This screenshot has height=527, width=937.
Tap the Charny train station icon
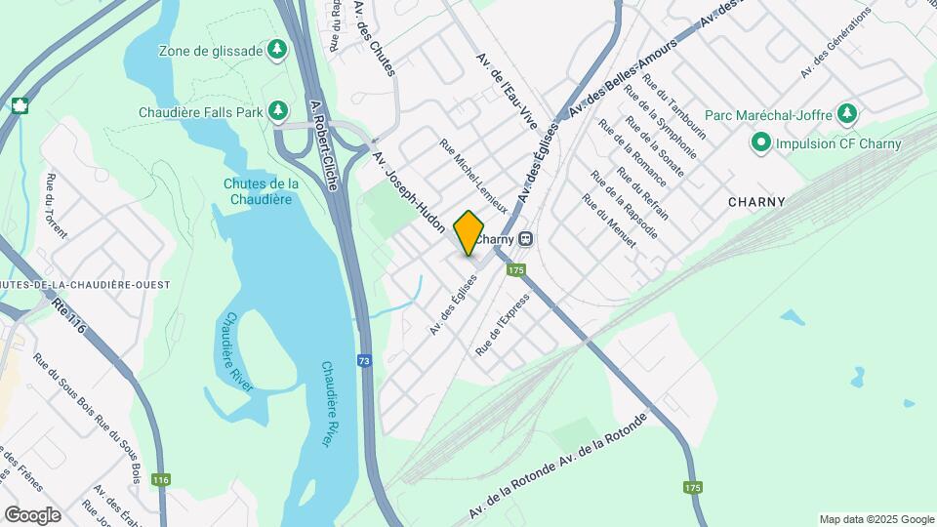[526, 238]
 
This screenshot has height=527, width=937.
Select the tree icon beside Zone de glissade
[278, 49]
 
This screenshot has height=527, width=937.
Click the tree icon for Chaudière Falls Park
[279, 111]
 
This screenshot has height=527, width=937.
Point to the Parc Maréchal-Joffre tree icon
[846, 114]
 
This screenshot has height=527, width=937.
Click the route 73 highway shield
[363, 360]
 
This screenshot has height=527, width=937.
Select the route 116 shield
[161, 479]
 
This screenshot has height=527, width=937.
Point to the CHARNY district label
[756, 202]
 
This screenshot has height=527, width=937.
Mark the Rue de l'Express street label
[502, 325]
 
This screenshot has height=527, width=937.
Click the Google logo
[32, 514]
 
